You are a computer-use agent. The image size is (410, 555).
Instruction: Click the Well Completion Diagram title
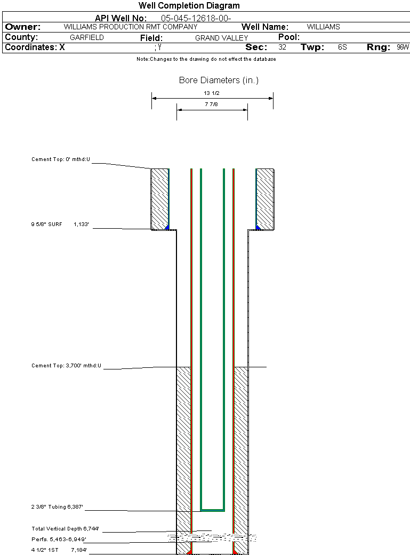[x=189, y=6]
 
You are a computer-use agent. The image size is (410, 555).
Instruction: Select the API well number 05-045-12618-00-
[x=196, y=19]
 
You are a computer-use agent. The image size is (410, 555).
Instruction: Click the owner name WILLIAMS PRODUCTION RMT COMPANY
[x=131, y=27]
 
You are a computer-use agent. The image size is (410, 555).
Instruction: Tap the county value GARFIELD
[x=87, y=37]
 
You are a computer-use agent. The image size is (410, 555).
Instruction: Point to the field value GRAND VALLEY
[x=222, y=38]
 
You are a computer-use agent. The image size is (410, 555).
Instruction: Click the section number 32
[x=282, y=47]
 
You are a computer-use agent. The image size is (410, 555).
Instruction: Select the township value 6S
[x=342, y=47]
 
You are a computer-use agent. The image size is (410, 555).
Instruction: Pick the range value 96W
[x=403, y=47]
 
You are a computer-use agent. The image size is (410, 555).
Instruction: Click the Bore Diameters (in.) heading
[x=219, y=81]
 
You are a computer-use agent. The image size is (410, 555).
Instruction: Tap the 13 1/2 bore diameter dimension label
[x=212, y=93]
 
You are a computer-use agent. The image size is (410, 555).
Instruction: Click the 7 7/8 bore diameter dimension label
[x=211, y=104]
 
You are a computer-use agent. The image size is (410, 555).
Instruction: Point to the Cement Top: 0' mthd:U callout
[x=61, y=159]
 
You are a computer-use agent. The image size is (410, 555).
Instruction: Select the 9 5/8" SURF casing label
[x=46, y=224]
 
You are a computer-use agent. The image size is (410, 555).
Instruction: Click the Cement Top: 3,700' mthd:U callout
[x=66, y=366]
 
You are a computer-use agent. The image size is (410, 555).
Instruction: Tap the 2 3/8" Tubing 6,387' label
[x=57, y=507]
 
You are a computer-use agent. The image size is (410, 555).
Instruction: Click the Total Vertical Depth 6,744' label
[x=65, y=529]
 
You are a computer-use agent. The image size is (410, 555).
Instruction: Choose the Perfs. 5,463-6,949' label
[x=59, y=540]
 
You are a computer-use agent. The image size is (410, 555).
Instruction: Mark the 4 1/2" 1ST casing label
[x=45, y=550]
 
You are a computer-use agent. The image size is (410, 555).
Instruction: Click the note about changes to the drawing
[x=206, y=59]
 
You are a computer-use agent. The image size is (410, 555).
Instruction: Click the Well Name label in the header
[x=265, y=27]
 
